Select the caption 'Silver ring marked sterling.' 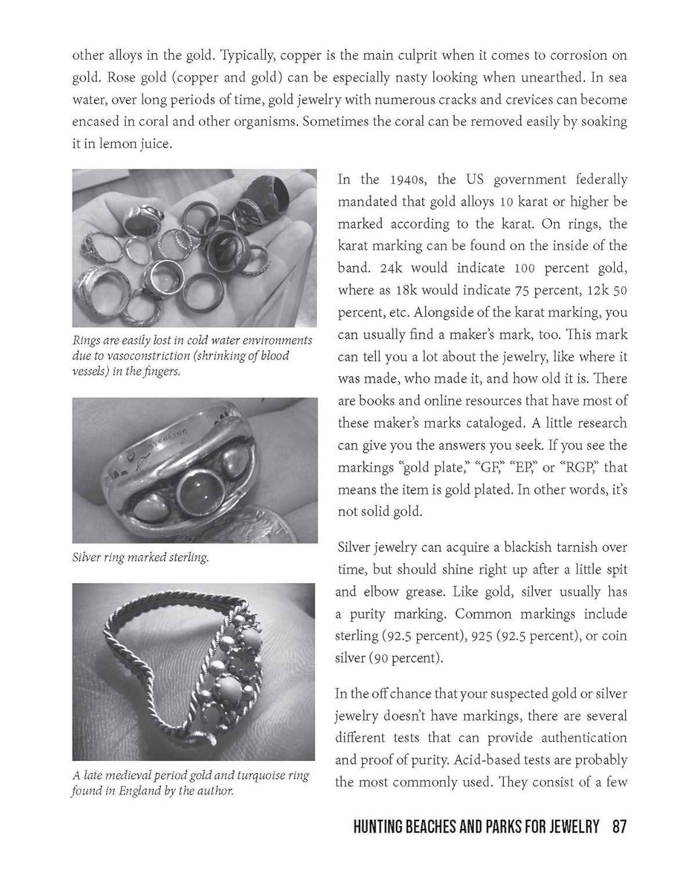click(x=140, y=558)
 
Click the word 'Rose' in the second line click(x=122, y=78)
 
